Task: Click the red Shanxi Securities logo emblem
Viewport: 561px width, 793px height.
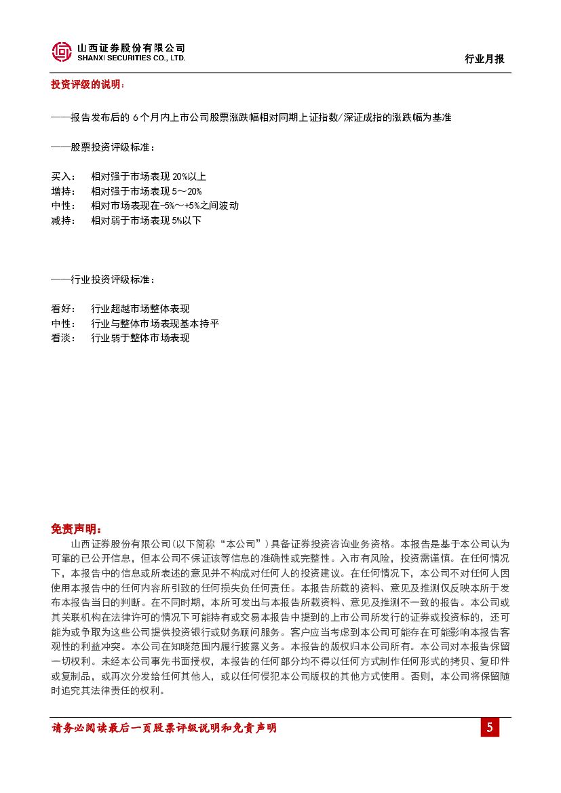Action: (x=62, y=52)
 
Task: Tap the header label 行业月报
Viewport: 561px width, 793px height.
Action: (x=484, y=59)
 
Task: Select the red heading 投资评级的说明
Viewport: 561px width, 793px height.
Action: (x=88, y=85)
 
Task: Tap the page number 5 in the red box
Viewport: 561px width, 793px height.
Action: (x=490, y=728)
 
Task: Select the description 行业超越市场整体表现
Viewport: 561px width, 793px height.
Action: (x=140, y=309)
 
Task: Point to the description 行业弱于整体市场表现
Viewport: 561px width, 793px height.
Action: (x=140, y=338)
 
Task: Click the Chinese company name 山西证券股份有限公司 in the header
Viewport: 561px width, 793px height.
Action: (x=131, y=48)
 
